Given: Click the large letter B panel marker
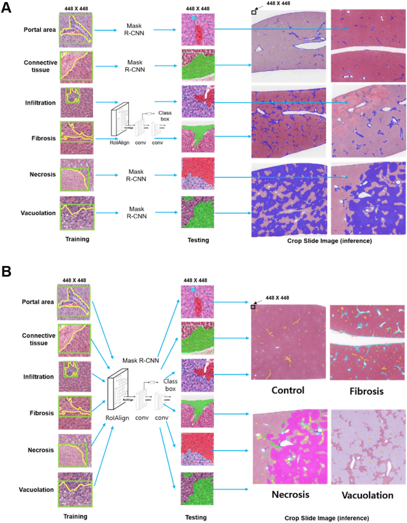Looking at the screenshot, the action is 6,271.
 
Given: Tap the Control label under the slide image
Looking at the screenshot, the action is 288,390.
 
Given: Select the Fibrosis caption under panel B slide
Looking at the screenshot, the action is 366,391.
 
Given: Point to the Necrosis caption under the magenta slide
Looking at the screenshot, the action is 290,494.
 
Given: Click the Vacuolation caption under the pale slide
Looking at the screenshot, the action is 367,495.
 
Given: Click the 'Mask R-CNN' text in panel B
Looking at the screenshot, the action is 141,360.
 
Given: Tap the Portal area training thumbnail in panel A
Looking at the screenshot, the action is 76,29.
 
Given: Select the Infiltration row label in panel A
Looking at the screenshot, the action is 40,103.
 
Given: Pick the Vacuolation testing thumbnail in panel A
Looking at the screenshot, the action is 198,212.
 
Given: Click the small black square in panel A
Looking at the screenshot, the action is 254,12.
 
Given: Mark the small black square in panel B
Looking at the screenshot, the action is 253,307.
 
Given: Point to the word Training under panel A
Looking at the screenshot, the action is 77,239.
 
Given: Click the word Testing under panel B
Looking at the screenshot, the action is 196,517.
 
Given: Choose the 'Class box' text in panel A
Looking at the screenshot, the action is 165,116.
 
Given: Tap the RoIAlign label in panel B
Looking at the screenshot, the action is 117,418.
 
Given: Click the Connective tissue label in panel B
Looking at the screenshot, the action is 39,339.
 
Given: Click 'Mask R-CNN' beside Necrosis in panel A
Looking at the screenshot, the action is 136,175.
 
